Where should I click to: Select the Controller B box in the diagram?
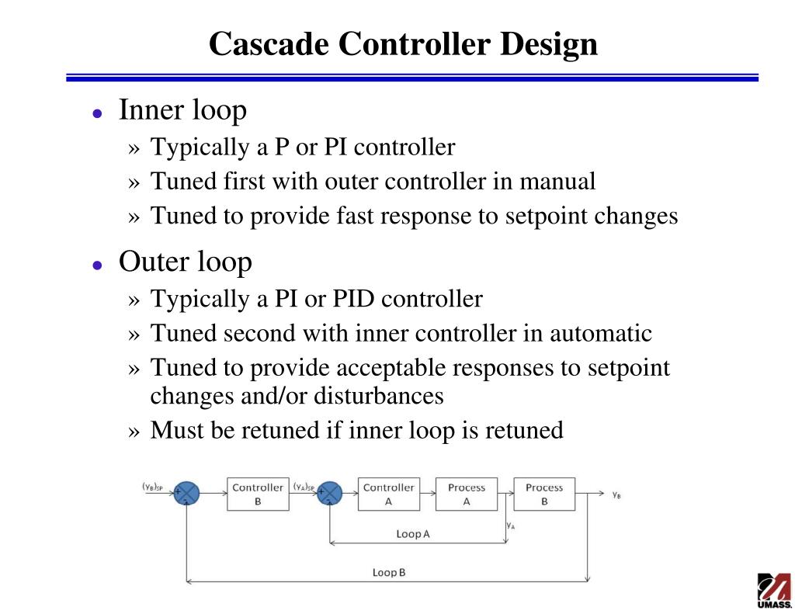pos(258,494)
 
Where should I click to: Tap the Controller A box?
pos(388,494)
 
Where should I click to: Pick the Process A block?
pos(466,494)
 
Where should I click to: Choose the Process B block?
pos(543,494)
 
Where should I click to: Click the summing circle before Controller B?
pos(186,494)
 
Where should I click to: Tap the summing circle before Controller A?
pos(331,494)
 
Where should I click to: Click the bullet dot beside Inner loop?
pos(97,113)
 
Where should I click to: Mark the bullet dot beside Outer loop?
pos(97,265)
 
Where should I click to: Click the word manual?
pos(557,182)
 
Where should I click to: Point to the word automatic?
pos(601,334)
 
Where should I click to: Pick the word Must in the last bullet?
pos(176,429)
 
